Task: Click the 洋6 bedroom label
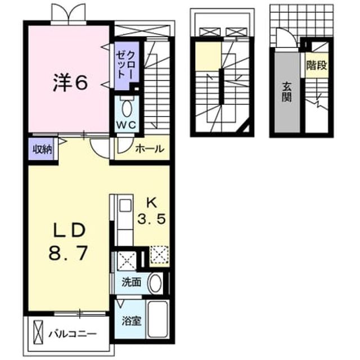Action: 70,83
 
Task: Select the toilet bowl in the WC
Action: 128,109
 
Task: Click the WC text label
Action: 126,125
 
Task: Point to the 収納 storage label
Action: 42,150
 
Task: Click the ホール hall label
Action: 150,149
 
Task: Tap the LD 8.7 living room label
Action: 68,242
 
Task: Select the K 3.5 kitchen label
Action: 151,211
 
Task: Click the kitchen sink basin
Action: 125,205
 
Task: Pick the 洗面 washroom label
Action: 131,282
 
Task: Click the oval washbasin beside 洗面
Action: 155,283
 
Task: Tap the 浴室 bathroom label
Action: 131,321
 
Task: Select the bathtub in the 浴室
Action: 157,319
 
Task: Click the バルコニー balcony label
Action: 73,334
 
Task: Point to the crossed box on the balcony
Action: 38,332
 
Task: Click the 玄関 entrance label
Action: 287,92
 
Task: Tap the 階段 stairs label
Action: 317,66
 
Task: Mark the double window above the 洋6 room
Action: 69,13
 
